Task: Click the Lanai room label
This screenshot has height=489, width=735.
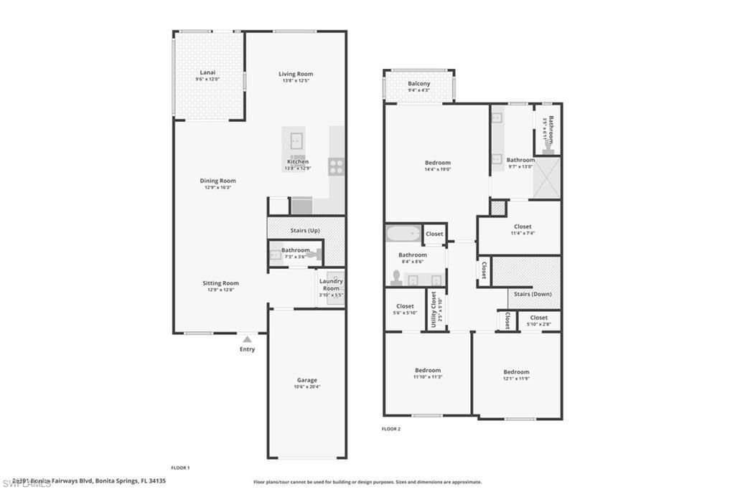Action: pyautogui.click(x=208, y=72)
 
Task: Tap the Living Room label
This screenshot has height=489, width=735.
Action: pyautogui.click(x=296, y=74)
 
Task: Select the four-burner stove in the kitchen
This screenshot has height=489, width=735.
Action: pyautogui.click(x=336, y=167)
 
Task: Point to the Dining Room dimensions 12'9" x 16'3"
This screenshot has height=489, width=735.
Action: pyautogui.click(x=217, y=188)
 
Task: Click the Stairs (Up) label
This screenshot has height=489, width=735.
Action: pyautogui.click(x=305, y=230)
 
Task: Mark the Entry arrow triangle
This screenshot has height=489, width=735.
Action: pyautogui.click(x=247, y=339)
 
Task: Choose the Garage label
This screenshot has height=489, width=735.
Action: pyautogui.click(x=307, y=380)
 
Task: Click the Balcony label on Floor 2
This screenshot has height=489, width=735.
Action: pyautogui.click(x=419, y=84)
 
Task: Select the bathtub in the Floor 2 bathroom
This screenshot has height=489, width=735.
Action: pyautogui.click(x=403, y=234)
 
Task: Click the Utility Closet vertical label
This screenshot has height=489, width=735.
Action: pyautogui.click(x=434, y=309)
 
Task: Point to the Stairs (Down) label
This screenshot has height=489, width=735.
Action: pyautogui.click(x=533, y=293)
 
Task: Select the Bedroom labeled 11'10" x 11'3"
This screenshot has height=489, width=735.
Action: pyautogui.click(x=427, y=373)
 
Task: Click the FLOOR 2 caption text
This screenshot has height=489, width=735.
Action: pyautogui.click(x=391, y=429)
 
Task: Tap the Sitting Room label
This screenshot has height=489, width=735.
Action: pyautogui.click(x=220, y=283)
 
